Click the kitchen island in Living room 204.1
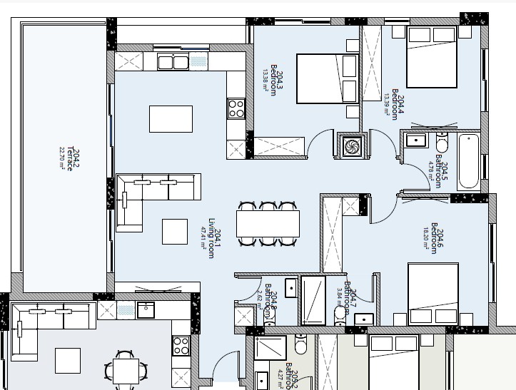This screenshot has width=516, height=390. pyautogui.click(x=171, y=118)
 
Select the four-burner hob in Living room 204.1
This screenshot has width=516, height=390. pyautogui.click(x=236, y=109)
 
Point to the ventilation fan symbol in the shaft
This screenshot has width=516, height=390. pyautogui.click(x=350, y=146)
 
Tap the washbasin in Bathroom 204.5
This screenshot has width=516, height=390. pyautogui.click(x=414, y=140)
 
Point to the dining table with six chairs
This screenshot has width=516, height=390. pyautogui.click(x=268, y=224)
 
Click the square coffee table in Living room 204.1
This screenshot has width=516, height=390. pyautogui.click(x=175, y=231)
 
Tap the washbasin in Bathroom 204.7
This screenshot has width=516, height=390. pyautogui.click(x=364, y=319)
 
